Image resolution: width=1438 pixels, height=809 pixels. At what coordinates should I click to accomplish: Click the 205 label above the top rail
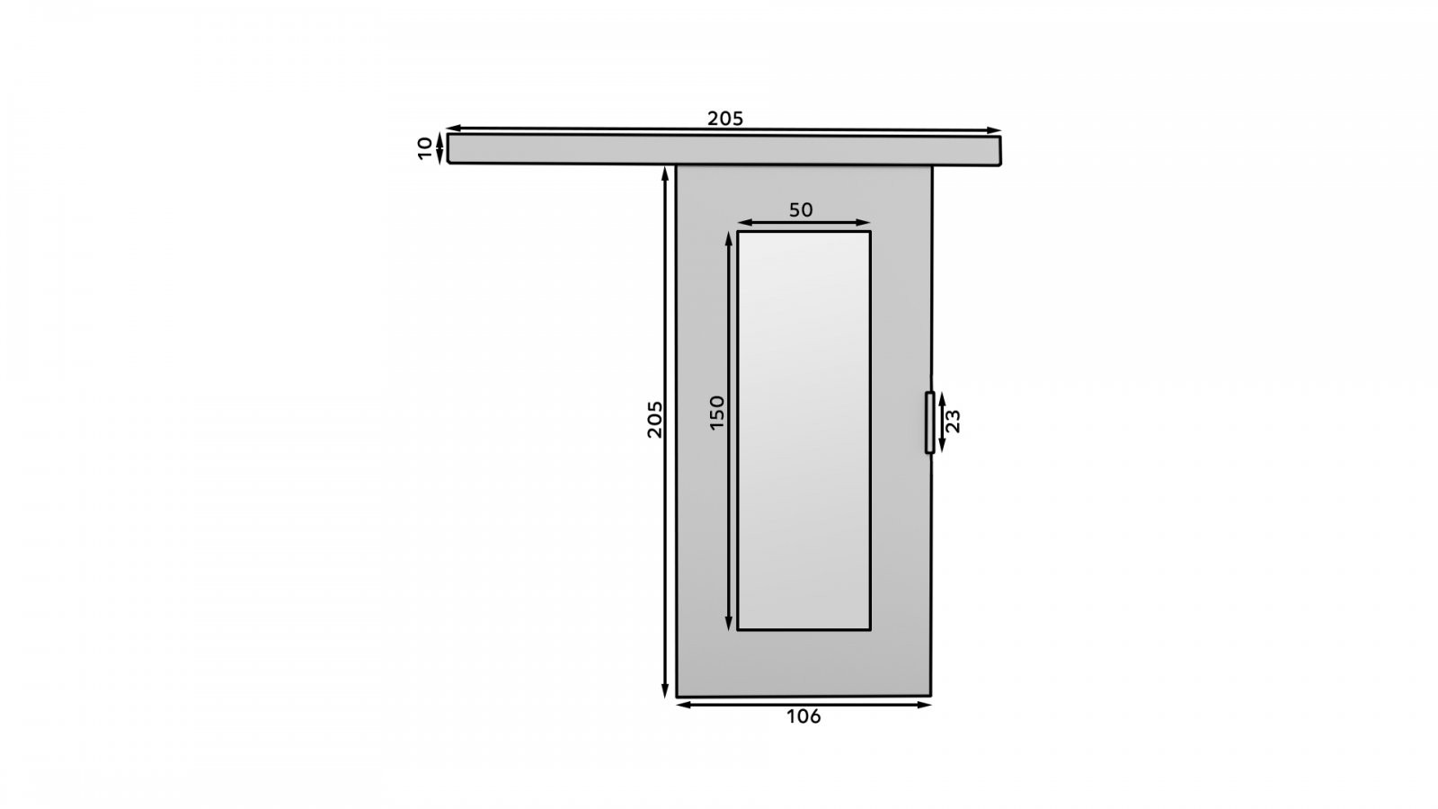tap(724, 119)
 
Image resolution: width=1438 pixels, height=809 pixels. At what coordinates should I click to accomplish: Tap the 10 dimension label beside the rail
tap(425, 148)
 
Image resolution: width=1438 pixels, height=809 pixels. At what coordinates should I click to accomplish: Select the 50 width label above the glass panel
tap(801, 210)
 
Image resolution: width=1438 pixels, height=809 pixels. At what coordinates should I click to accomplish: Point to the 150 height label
tap(716, 413)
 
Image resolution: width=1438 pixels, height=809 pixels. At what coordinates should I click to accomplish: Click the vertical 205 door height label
tap(654, 419)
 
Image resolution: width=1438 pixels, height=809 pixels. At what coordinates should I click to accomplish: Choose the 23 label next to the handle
tap(954, 422)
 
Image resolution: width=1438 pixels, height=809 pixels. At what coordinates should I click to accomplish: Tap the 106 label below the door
tap(803, 716)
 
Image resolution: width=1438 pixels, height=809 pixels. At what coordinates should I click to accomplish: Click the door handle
tap(929, 422)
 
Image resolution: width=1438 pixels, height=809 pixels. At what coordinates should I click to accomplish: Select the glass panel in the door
tap(803, 431)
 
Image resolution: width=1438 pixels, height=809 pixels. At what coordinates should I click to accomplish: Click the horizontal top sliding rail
tap(724, 149)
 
